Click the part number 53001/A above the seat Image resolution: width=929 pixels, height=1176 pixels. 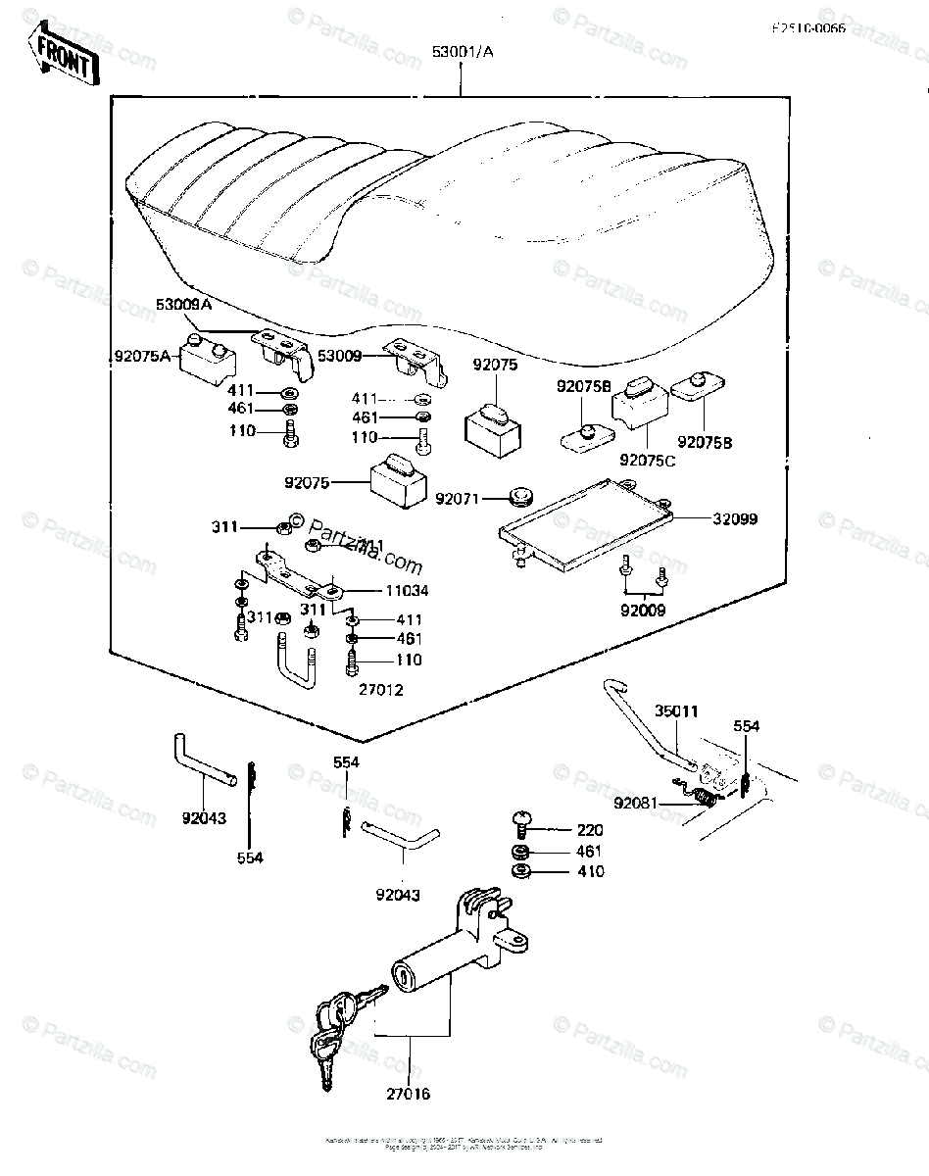coord(461,53)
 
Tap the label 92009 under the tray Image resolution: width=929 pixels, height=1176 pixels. coord(643,610)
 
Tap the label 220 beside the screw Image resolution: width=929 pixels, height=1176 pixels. coord(590,830)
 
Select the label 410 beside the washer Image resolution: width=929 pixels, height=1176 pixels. coord(590,872)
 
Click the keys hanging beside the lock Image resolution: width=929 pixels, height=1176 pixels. coord(336,1024)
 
